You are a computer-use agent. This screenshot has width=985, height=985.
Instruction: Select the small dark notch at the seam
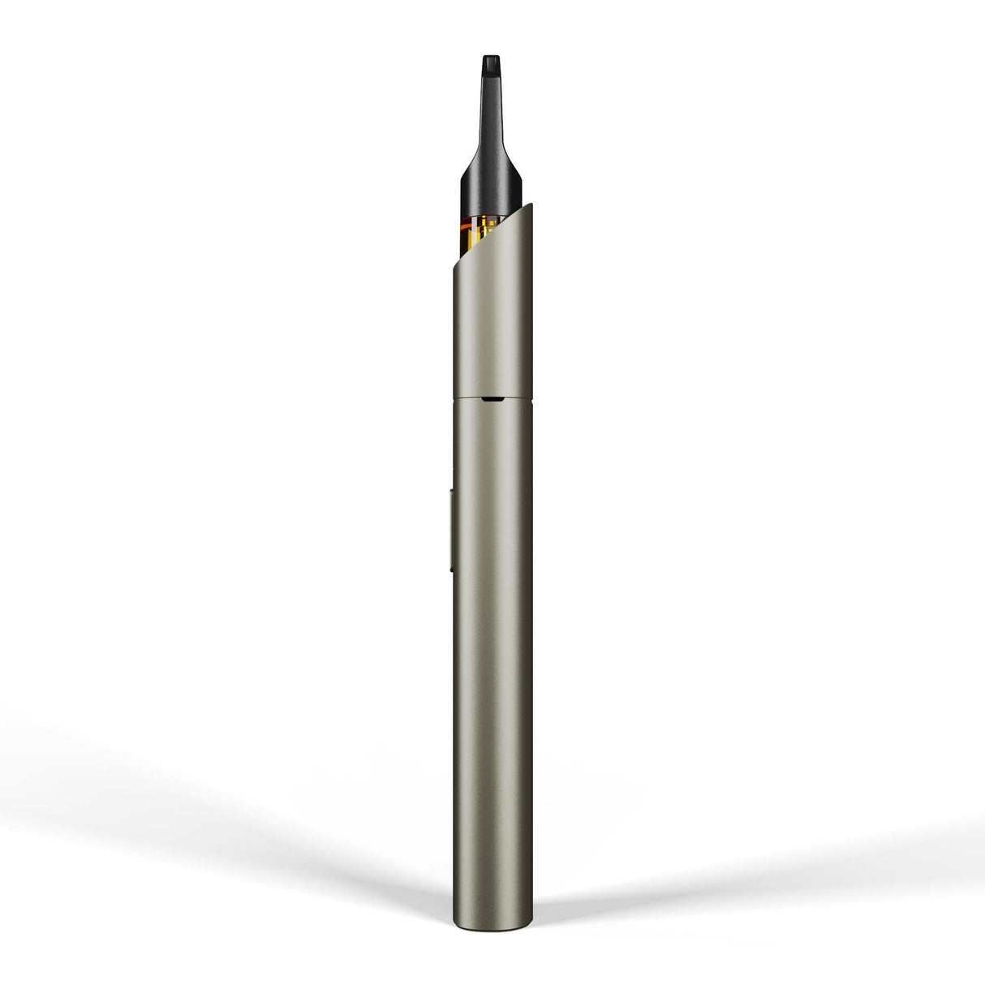[x=491, y=398]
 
